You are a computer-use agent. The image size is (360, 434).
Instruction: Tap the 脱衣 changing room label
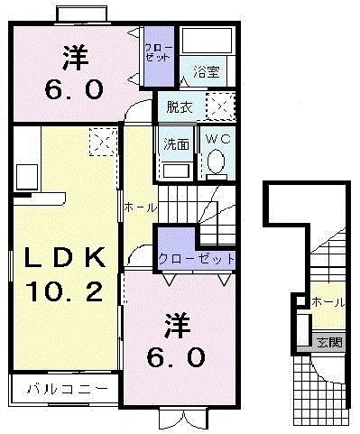(x=178, y=107)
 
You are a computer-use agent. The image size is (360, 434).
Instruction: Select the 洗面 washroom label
(x=175, y=142)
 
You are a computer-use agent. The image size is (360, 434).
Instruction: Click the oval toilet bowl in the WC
(x=217, y=162)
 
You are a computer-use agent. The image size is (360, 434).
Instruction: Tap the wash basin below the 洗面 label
(x=175, y=169)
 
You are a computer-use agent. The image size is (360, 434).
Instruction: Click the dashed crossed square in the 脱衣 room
(x=219, y=106)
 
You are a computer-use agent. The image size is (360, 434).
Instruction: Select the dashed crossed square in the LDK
(x=99, y=142)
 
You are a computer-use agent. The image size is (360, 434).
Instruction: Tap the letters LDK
(x=63, y=258)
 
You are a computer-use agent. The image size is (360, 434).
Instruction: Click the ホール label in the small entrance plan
(x=328, y=303)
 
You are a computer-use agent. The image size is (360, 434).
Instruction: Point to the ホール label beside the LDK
(x=141, y=208)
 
